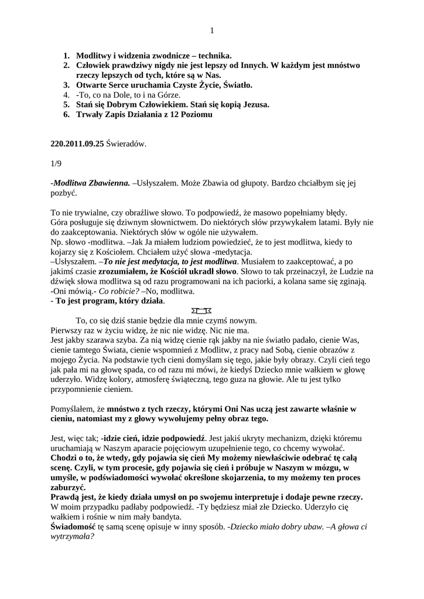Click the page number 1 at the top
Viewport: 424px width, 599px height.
[x=212, y=31]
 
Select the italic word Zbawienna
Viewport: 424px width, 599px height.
[x=109, y=183]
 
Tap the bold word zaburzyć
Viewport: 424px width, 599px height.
[x=68, y=487]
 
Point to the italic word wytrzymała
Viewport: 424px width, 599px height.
[x=73, y=536]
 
